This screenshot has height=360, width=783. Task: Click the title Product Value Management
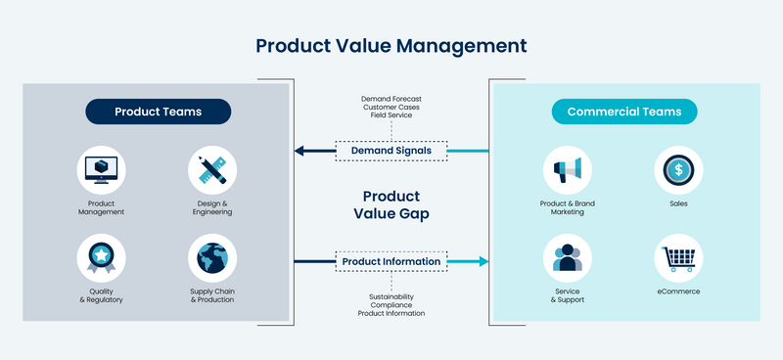(x=391, y=46)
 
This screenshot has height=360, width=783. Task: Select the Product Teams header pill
(x=158, y=112)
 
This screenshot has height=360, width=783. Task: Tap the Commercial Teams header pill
(x=624, y=112)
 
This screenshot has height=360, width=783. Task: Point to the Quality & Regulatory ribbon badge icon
(x=101, y=258)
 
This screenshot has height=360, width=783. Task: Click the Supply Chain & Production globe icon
(x=212, y=258)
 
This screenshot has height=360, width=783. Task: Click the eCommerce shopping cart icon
(x=678, y=258)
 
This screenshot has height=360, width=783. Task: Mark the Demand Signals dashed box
(x=391, y=151)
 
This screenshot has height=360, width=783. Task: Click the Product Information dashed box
(x=391, y=261)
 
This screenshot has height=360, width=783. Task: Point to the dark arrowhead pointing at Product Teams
(x=301, y=151)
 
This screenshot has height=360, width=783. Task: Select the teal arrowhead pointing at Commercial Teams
(x=481, y=261)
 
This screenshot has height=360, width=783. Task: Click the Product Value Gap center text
(x=391, y=205)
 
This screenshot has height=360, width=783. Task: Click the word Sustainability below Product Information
(x=391, y=295)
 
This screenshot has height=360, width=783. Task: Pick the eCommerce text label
(x=678, y=292)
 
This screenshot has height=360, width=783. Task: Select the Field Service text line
(x=391, y=116)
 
